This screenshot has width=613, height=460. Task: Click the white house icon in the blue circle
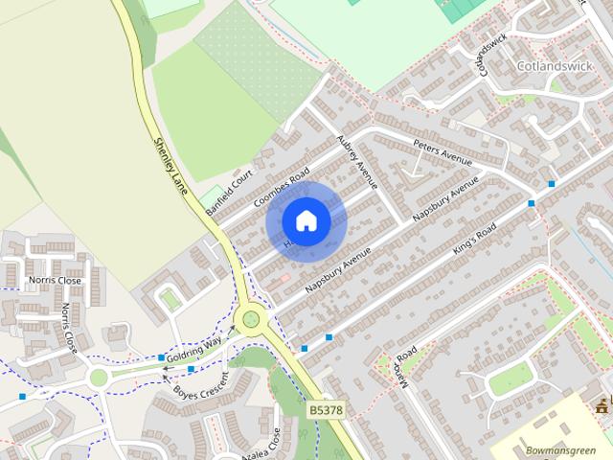[x=306, y=221]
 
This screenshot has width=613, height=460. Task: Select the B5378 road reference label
[x=325, y=409]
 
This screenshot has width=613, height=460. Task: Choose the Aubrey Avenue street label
[x=357, y=161]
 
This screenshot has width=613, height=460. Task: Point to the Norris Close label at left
[x=56, y=281]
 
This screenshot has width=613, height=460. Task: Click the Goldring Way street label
[x=194, y=346]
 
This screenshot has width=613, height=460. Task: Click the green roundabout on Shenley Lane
[x=251, y=318]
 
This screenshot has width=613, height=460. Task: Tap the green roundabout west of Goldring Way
[x=99, y=378]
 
